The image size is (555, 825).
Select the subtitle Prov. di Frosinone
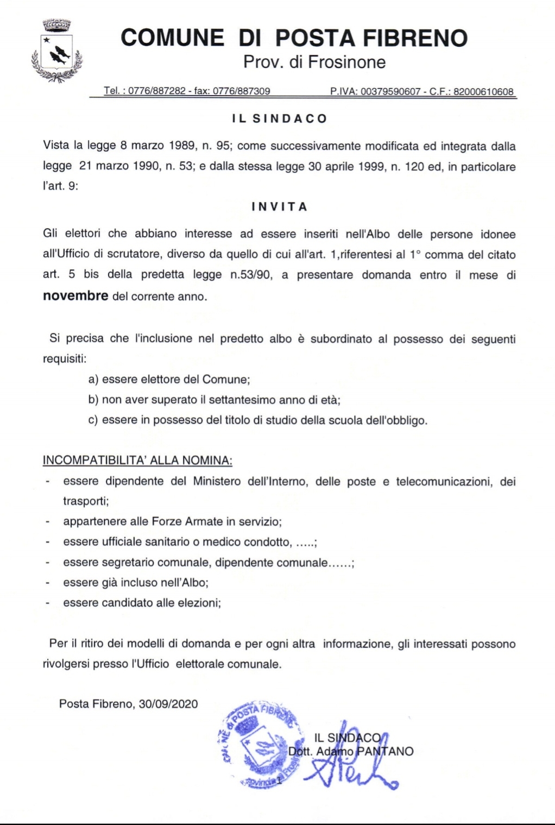pyautogui.click(x=314, y=62)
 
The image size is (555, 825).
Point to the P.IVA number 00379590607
pyautogui.click(x=390, y=91)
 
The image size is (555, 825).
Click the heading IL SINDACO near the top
pyautogui.click(x=279, y=119)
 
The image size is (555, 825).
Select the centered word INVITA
pyautogui.click(x=280, y=207)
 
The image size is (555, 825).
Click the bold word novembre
pyautogui.click(x=75, y=296)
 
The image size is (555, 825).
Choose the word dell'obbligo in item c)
pyautogui.click(x=396, y=420)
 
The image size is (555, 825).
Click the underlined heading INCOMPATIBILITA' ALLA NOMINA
pyautogui.click(x=137, y=461)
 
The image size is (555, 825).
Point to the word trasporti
pyautogui.click(x=86, y=501)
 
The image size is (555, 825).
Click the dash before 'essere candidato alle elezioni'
pyautogui.click(x=48, y=603)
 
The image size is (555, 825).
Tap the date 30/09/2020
pyautogui.click(x=168, y=704)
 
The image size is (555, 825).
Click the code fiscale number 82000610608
pyautogui.click(x=483, y=91)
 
